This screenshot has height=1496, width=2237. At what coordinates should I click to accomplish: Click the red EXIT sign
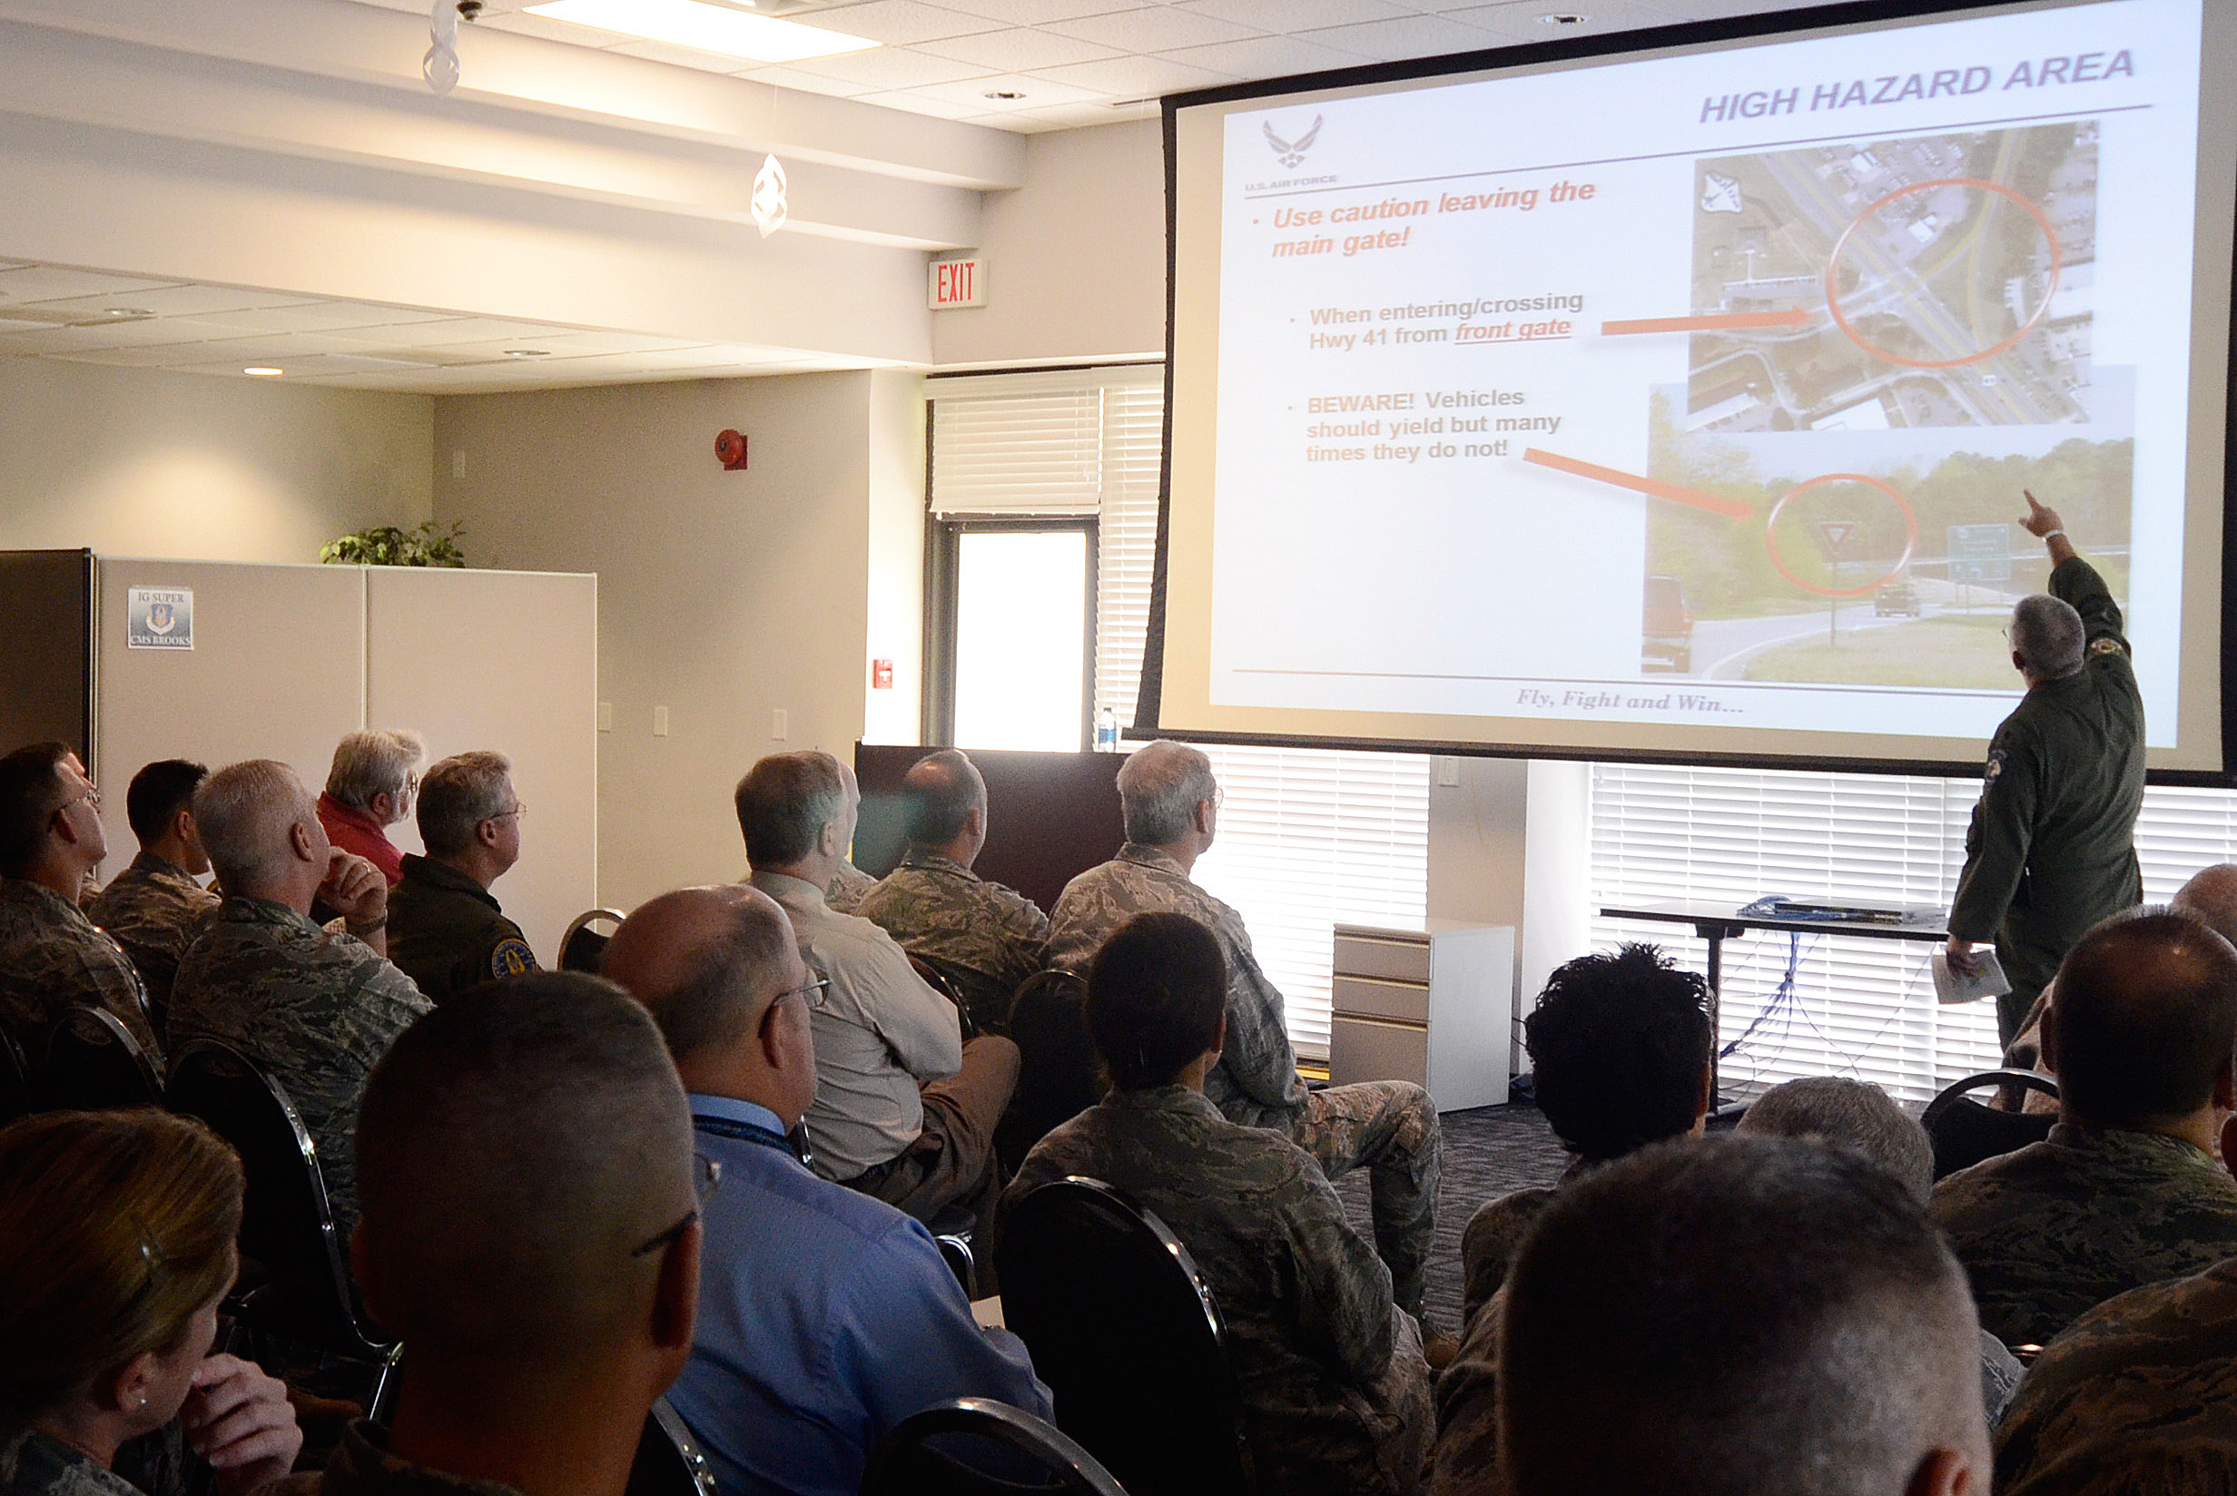(x=957, y=283)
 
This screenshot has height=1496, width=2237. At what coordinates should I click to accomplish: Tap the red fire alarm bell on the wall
(x=730, y=448)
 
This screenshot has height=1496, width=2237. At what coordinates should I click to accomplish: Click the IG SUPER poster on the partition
(x=161, y=617)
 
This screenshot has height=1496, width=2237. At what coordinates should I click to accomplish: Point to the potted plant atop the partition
(x=394, y=545)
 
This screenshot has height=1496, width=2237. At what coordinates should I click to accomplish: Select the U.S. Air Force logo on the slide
(x=1293, y=148)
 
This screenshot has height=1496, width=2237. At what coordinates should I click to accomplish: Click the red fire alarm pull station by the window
(x=884, y=674)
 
